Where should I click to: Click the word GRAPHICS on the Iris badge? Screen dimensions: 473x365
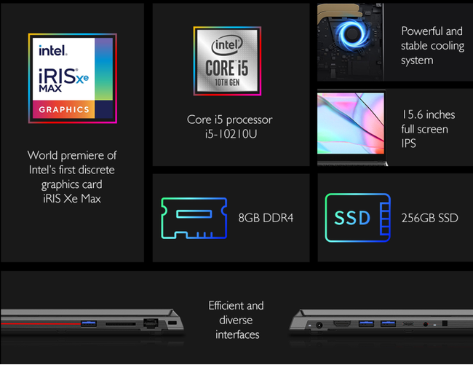(64, 109)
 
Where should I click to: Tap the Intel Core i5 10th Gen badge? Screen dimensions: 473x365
(227, 60)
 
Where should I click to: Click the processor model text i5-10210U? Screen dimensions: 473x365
(231, 134)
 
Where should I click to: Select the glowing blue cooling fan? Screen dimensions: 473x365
(351, 35)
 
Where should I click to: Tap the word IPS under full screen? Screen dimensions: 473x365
(408, 143)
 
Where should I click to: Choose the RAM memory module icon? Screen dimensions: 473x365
(194, 218)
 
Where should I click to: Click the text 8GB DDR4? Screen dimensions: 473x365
(266, 218)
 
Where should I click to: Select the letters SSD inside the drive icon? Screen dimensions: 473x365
(352, 218)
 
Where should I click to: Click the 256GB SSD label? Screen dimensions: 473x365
(429, 218)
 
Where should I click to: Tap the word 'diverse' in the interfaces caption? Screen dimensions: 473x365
(236, 320)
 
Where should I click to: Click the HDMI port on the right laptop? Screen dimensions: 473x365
(342, 323)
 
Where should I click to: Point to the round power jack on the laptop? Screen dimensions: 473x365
(319, 325)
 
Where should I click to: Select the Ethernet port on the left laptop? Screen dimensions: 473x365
(151, 323)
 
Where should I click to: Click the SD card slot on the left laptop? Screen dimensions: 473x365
(120, 324)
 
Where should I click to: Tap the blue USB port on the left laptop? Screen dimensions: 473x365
(89, 323)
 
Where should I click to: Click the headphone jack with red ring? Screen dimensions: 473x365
(426, 324)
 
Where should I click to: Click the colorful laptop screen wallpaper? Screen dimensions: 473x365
(351, 123)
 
